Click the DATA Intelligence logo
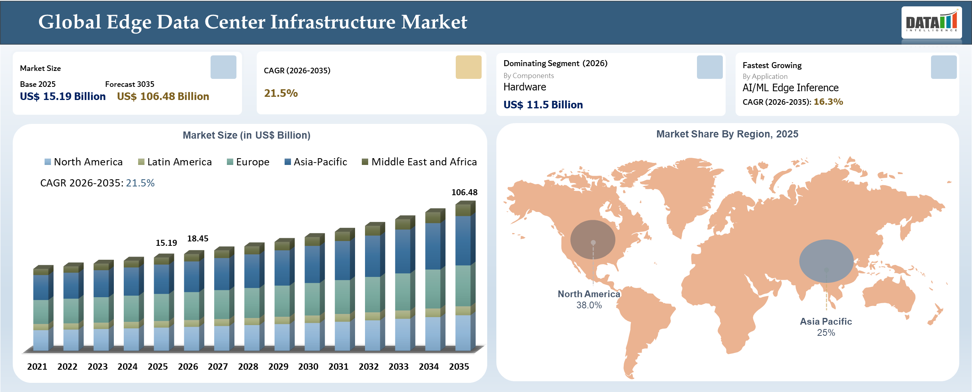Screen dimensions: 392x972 point(931,22)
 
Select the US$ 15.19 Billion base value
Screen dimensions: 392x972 point(62,96)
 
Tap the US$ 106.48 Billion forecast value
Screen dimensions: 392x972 point(163,96)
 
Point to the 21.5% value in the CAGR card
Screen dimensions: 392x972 point(281,93)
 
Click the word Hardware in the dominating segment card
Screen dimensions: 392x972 point(524,87)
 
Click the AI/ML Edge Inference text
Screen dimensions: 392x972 point(790,88)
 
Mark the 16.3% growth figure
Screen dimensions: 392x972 point(828,102)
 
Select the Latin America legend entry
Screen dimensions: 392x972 point(175,162)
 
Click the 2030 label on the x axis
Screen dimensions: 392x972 point(308,367)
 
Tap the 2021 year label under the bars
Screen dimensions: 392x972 point(37,367)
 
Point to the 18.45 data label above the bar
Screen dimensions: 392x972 point(197,238)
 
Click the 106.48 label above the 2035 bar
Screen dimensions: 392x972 point(464,192)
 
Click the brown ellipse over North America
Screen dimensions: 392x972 point(593,239)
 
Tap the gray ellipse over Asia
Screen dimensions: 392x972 point(826,261)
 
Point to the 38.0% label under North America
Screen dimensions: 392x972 point(589,305)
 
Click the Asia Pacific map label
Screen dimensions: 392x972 point(826,321)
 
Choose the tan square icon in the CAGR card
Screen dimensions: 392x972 point(468,67)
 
